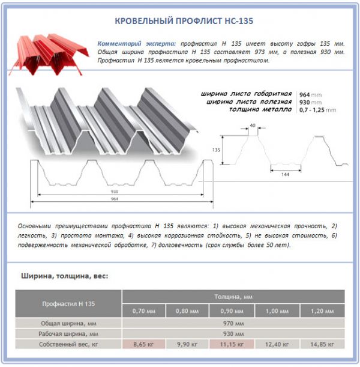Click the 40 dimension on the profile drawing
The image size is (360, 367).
coord(253,126)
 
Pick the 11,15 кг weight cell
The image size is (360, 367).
coord(233,344)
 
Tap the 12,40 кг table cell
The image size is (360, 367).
coord(277,344)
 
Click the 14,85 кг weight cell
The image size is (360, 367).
coord(322,344)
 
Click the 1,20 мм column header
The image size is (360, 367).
coord(322,311)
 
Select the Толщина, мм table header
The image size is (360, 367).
coord(233,297)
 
